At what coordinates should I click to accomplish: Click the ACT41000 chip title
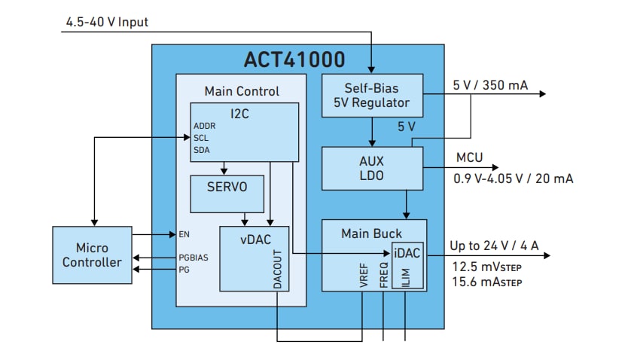[294, 59]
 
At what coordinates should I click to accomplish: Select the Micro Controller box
[92, 255]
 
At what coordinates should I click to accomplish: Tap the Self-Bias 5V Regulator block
[372, 95]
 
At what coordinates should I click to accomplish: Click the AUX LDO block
[372, 168]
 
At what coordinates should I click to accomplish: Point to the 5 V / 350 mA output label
[490, 85]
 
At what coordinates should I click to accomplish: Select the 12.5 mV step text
[486, 267]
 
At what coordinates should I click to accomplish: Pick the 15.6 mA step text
[486, 282]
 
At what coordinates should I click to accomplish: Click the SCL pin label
[202, 137]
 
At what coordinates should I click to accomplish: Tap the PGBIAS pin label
[194, 257]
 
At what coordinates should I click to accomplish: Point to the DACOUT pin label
[277, 270]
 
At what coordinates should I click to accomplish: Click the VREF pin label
[362, 275]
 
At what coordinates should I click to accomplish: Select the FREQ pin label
[383, 275]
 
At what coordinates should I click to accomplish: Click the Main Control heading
[242, 91]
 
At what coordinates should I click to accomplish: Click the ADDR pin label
[205, 126]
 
